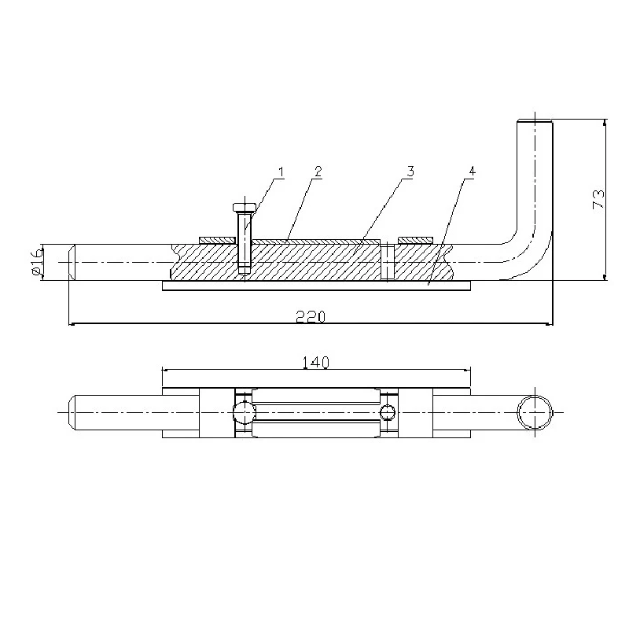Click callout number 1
280,171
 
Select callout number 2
318,171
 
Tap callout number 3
410,171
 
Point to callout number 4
471,171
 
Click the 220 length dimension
311,315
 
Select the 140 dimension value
314,361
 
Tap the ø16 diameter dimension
35,260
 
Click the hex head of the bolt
244,208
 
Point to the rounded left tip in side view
72,261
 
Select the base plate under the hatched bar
314,286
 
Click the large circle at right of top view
534,411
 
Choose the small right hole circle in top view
386,411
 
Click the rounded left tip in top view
72,411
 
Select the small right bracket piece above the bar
415,239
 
